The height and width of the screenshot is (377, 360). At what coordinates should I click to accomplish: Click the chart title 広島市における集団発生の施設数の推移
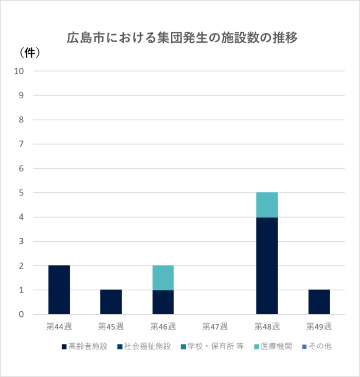182,38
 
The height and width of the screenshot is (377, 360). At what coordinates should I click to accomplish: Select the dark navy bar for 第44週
59,290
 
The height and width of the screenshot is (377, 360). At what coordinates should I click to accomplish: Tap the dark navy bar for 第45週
111,302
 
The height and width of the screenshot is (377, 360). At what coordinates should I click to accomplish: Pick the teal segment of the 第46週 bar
163,278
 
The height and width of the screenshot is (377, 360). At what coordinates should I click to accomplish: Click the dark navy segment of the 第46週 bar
163,302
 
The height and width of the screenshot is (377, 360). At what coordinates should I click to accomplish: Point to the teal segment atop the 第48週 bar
267,205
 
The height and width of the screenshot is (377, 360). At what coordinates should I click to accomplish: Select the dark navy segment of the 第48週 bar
267,265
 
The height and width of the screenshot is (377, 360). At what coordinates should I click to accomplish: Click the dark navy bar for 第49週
319,302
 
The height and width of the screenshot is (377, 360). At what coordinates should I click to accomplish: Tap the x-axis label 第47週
215,326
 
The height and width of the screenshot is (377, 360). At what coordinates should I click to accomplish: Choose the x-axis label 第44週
59,326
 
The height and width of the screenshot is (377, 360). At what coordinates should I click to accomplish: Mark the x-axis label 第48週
267,326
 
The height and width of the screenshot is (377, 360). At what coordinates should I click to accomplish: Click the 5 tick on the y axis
22,193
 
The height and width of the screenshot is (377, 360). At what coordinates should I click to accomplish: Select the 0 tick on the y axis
22,314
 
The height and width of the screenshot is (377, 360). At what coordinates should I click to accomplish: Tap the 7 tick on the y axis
22,144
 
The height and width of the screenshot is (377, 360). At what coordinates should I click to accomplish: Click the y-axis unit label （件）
30,52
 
